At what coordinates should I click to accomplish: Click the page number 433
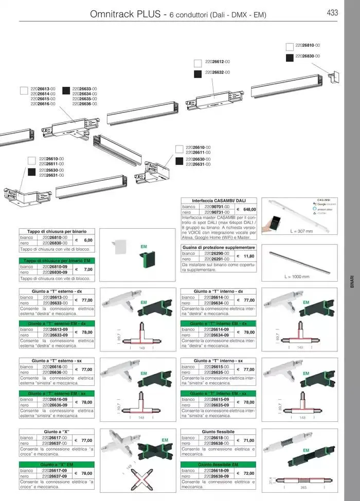click(332, 13)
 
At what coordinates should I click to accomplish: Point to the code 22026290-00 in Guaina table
click(216, 253)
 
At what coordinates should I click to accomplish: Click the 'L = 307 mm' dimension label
click(301, 232)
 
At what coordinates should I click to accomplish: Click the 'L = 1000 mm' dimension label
click(297, 277)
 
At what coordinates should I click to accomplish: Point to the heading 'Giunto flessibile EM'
click(219, 464)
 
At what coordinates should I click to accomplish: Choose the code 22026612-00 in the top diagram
click(217, 62)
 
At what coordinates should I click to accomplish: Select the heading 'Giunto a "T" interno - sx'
click(219, 361)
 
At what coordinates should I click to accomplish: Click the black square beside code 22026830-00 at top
click(289, 56)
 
